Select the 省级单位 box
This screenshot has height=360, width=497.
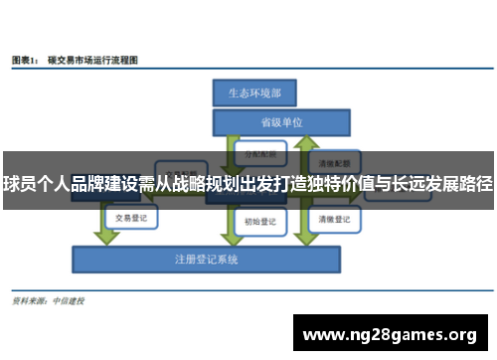pyautogui.click(x=281, y=123)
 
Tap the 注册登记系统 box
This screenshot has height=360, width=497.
pyautogui.click(x=208, y=260)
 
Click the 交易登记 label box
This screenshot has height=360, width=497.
pyautogui.click(x=131, y=216)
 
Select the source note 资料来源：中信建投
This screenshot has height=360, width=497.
pyautogui.click(x=48, y=299)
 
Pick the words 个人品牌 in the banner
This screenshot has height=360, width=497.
pyautogui.click(x=72, y=184)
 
